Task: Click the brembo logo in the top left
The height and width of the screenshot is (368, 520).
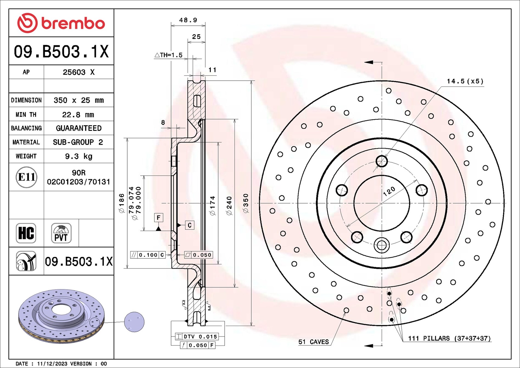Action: (x=61, y=23)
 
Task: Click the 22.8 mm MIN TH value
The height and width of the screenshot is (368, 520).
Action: (x=78, y=115)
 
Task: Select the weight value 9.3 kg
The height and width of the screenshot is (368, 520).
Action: (x=79, y=156)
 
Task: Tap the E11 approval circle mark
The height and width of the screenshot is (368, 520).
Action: (x=26, y=177)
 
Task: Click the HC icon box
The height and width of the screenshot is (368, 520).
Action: (x=26, y=233)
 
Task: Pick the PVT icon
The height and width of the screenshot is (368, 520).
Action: (x=61, y=233)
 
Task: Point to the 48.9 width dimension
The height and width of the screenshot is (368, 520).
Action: (x=188, y=20)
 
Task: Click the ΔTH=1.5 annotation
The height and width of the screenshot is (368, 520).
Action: (x=169, y=55)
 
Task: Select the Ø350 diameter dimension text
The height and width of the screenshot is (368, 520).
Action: (x=246, y=203)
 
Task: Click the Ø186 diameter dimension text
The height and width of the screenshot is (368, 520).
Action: (x=121, y=203)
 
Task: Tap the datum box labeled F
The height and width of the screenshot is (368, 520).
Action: (x=158, y=218)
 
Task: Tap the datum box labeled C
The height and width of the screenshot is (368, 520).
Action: (x=190, y=225)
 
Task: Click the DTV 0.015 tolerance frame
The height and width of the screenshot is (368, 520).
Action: (x=197, y=336)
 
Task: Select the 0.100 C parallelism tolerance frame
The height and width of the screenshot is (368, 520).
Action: (x=148, y=255)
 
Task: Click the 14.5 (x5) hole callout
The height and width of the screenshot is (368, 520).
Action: (x=465, y=81)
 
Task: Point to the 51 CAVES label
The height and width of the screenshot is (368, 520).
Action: (x=313, y=342)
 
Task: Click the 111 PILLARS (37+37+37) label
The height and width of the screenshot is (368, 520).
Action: (x=449, y=338)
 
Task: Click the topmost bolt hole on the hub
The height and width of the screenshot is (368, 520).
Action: (x=382, y=161)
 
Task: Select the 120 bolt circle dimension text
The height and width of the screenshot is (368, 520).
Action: (x=389, y=191)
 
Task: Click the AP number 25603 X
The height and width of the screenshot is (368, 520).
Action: (x=79, y=72)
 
